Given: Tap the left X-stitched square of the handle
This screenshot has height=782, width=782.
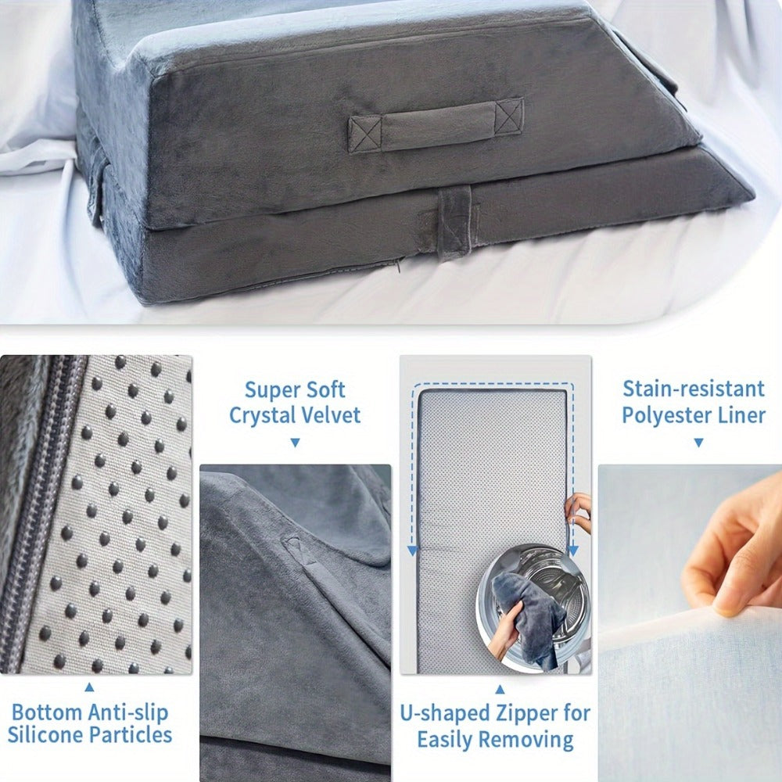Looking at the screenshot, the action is [x=365, y=135].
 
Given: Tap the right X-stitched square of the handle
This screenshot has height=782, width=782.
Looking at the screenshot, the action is [x=509, y=117].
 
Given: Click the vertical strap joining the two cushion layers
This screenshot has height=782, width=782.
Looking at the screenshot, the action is [x=454, y=221].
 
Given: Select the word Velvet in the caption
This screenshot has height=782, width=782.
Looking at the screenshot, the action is [x=332, y=415].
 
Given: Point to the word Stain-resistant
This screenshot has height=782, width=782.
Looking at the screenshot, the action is [x=694, y=389].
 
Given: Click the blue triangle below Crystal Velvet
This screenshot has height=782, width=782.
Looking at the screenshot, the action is [x=296, y=443].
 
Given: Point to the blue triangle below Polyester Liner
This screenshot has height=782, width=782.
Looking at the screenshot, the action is [x=698, y=443].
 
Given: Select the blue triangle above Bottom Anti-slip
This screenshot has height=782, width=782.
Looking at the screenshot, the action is [x=89, y=687].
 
